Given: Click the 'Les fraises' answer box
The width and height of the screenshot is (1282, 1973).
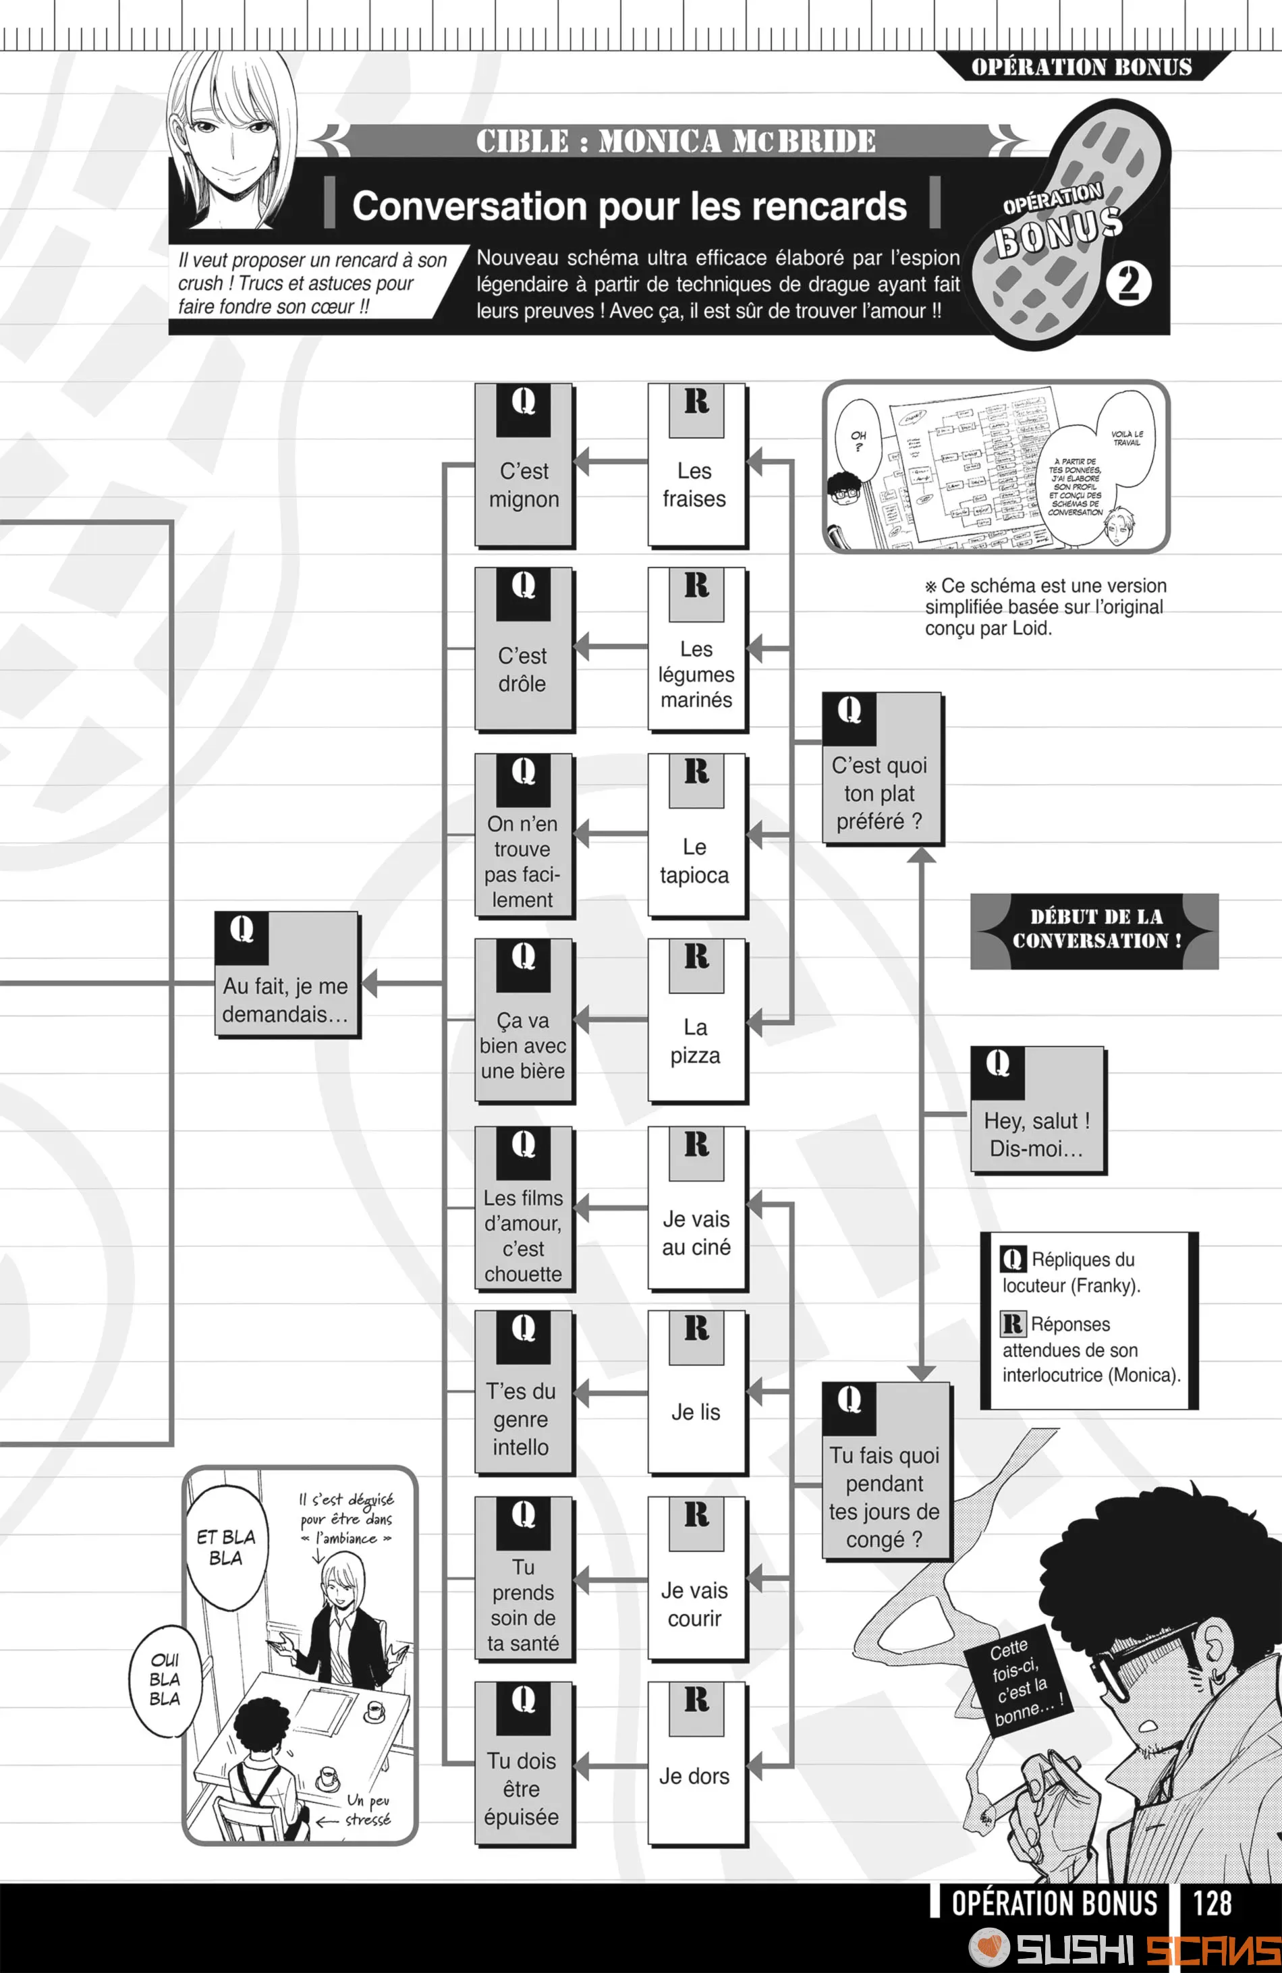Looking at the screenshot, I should (696, 465).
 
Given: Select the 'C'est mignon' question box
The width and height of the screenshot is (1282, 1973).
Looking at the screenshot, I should (524, 465).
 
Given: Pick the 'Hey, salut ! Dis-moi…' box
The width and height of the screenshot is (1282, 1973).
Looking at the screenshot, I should (1038, 1110).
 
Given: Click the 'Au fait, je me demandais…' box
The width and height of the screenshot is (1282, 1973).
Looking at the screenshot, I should (287, 975).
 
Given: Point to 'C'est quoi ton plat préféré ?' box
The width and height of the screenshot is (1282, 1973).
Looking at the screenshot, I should (881, 769).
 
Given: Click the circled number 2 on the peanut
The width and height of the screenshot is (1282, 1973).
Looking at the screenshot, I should (1129, 283).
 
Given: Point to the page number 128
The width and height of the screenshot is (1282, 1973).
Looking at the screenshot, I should (1212, 1903).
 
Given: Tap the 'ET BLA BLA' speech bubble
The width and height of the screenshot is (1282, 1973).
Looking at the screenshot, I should (226, 1548).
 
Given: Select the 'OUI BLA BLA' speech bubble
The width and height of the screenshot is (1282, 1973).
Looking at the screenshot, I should (165, 1679).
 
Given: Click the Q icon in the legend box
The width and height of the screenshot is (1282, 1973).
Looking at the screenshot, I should (1013, 1259).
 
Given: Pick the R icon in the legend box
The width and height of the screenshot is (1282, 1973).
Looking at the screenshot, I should (1013, 1323).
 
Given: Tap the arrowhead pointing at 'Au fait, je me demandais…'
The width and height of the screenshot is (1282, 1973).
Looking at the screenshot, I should (370, 983).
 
